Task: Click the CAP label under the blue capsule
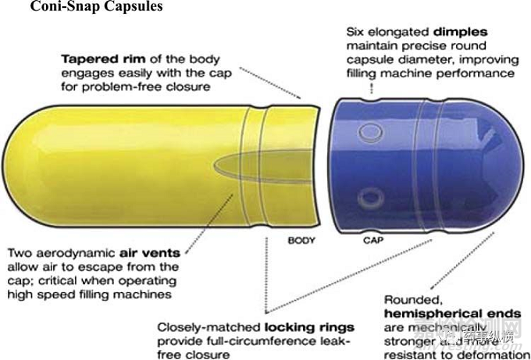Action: coord(372,241)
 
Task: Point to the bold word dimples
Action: coord(460,32)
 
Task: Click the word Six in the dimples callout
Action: coord(355,32)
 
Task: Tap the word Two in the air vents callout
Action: coord(20,253)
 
